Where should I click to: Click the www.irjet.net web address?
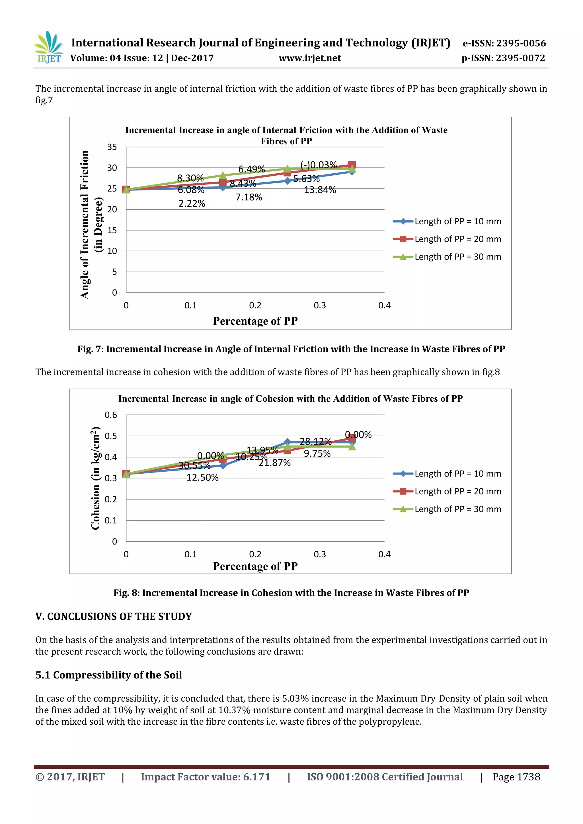pos(310,58)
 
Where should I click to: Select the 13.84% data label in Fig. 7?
pos(320,190)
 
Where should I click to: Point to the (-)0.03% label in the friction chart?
pos(319,165)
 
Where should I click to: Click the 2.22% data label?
pos(192,204)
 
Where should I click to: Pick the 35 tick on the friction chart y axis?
pos(112,147)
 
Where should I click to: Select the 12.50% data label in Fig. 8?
pos(202,477)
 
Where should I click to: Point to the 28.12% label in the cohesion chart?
pos(315,441)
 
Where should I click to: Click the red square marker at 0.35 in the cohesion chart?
pos(352,438)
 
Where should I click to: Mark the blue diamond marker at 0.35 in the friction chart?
pos(352,172)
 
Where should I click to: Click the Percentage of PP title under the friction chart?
pos(255,321)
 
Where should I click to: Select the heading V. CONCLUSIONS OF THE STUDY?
pos(114,616)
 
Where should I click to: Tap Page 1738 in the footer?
pos(516,777)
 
